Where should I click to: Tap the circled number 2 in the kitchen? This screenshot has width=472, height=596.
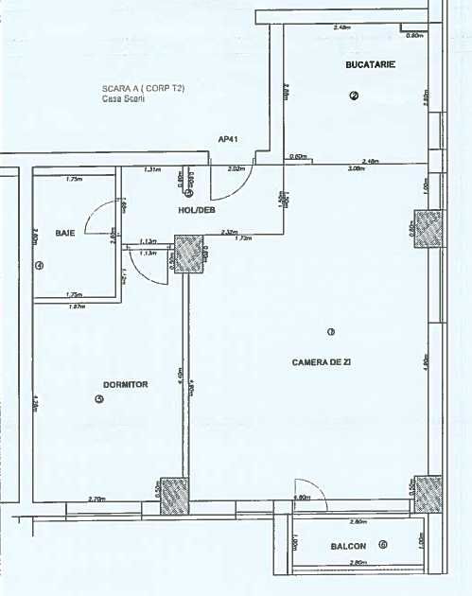point(354,95)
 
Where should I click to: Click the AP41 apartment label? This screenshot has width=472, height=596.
point(227,138)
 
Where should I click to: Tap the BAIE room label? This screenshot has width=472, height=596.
point(65,232)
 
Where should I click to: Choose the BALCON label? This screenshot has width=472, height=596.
point(349,547)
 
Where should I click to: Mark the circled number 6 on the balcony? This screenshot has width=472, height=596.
point(382,545)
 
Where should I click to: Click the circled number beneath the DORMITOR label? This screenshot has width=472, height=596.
point(99,399)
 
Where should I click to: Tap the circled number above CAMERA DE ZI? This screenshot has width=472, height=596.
point(330,331)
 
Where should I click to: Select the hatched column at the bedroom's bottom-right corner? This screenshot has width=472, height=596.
point(175,494)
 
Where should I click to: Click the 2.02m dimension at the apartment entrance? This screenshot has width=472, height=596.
point(236,168)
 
